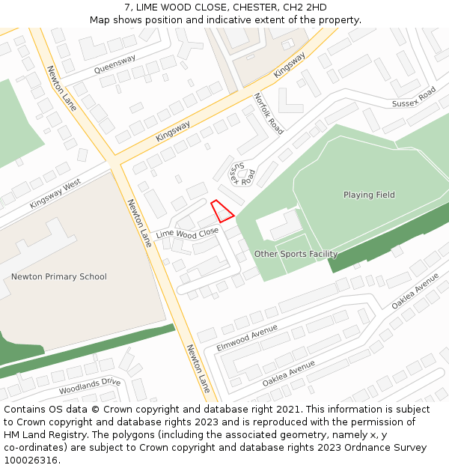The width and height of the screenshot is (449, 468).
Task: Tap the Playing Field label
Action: (369, 195)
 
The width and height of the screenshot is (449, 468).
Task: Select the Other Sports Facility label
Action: (296, 254)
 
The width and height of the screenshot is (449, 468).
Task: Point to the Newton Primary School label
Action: (59, 277)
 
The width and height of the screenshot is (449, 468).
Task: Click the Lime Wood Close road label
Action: (187, 234)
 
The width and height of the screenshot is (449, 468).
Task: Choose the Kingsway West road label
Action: (55, 194)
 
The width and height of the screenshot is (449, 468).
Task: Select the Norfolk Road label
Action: (268, 113)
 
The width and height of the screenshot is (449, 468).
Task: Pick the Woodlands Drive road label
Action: (90, 386)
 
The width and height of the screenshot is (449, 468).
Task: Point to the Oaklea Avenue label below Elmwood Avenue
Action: (289, 372)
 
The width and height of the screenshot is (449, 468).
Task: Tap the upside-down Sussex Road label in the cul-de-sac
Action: (243, 174)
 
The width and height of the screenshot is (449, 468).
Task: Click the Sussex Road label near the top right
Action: (414, 97)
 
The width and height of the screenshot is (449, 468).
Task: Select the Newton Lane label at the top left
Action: (61, 88)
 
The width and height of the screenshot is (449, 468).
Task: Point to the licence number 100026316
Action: (30, 461)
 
